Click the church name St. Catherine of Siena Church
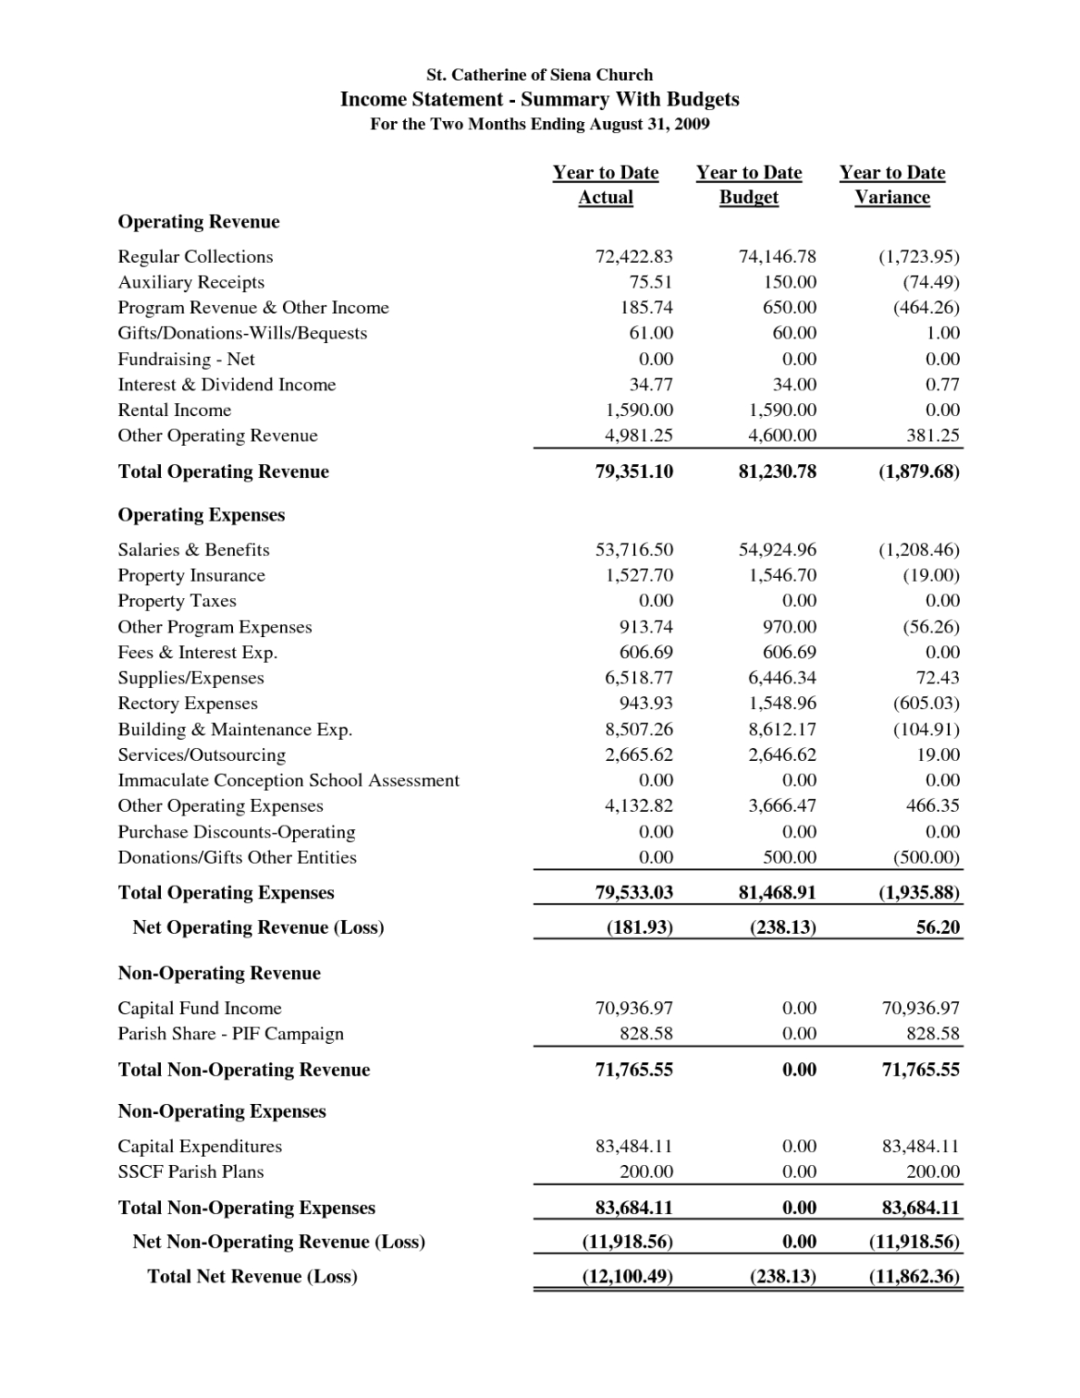(x=540, y=75)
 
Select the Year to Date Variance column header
(x=892, y=185)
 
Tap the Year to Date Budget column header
(x=748, y=185)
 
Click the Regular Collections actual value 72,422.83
(x=633, y=257)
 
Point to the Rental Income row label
(x=175, y=410)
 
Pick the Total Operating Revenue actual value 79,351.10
(x=633, y=471)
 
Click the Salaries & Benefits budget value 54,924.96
(x=777, y=550)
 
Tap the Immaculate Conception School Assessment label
(x=288, y=781)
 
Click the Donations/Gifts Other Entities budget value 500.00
(x=789, y=857)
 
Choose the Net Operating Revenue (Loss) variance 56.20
(x=937, y=927)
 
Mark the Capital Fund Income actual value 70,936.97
(x=633, y=1008)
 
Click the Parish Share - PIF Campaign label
(x=231, y=1034)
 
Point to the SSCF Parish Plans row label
(x=191, y=1172)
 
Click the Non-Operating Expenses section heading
(x=222, y=1111)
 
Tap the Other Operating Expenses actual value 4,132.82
(x=639, y=806)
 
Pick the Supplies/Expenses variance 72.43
(x=937, y=678)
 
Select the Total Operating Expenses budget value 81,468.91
(x=777, y=893)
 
